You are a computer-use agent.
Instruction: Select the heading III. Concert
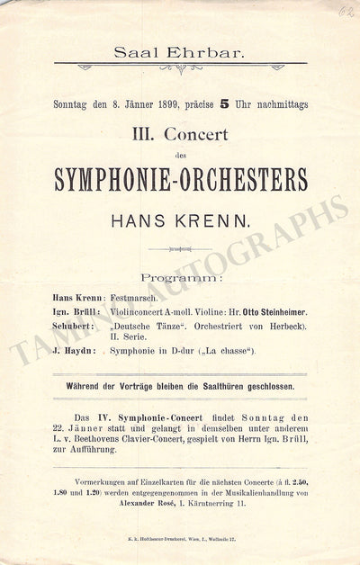point(180,135)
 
